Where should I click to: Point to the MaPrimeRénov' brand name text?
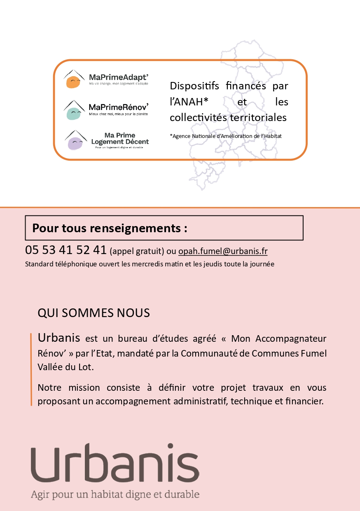[119, 107]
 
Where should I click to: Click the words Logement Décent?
[120, 142]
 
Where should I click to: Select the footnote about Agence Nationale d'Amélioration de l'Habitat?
[226, 136]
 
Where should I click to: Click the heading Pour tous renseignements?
[110, 228]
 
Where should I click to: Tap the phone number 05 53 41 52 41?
[66, 250]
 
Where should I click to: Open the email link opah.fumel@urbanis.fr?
[223, 251]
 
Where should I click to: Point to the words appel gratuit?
[137, 251]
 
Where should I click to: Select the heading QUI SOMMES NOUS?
[94, 313]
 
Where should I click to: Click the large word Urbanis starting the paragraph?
[58, 338]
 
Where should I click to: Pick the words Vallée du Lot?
[65, 367]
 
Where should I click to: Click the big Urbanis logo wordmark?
[115, 464]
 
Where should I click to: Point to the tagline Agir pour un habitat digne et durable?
[115, 495]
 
